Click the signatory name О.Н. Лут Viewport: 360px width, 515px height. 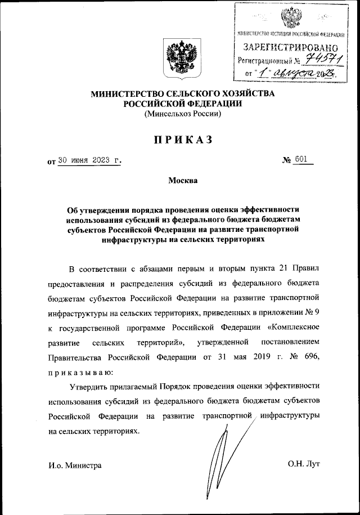pos(303,464)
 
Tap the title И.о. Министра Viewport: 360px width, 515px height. pos(75,465)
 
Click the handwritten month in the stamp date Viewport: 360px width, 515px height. pos(289,74)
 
